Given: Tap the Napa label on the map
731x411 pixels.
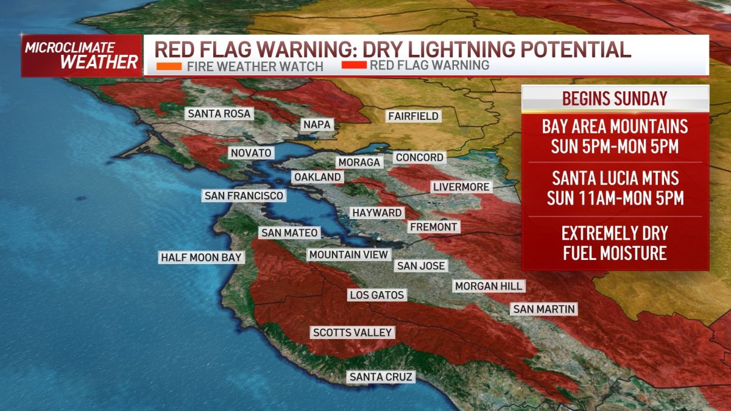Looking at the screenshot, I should [317, 125].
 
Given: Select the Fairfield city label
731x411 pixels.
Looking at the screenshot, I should [413, 116].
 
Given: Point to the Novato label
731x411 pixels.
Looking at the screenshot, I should [250, 153].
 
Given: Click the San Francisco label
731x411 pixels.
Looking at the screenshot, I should [244, 195].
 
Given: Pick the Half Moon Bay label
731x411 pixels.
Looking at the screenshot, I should [201, 257].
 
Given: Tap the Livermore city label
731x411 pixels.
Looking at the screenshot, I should [461, 186].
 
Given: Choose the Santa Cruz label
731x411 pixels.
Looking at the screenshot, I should [381, 377].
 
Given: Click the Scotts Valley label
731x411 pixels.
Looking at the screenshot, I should [352, 332].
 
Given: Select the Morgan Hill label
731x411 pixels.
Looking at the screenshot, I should [489, 286].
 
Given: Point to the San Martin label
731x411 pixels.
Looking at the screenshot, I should [543, 309].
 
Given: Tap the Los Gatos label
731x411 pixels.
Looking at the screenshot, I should [377, 295].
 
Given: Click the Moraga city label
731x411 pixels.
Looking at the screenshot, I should [359, 162].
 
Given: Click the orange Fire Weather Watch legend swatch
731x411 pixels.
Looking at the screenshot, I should [168, 65].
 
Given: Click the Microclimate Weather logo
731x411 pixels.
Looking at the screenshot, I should [82, 55].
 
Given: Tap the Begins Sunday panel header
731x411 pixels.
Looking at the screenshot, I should [615, 98].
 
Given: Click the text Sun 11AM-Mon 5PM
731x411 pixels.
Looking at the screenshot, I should [615, 198].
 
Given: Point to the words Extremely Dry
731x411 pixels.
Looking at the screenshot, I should [615, 233].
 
